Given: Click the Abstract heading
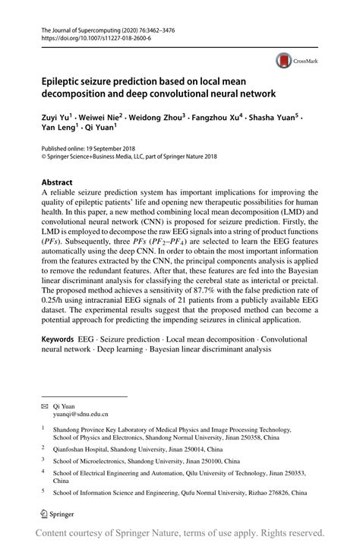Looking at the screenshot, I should pos(57,183).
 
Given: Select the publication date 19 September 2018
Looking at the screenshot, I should pos(116,150).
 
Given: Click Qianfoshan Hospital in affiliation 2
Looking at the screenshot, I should pos(87,450).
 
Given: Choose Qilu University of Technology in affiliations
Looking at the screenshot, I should pos(230,472).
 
